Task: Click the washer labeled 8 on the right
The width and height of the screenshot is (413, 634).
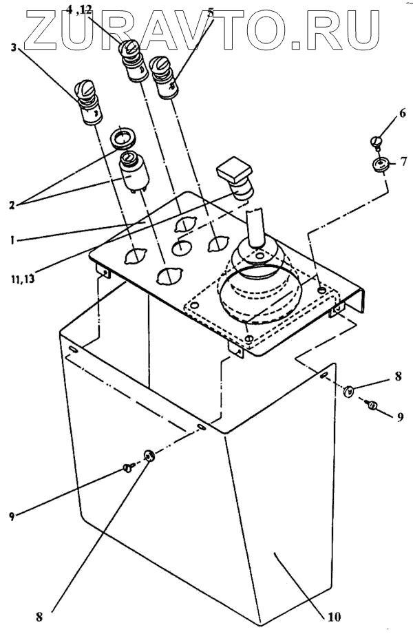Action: coord(348,392)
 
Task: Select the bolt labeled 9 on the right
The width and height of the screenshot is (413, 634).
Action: coord(372,406)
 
